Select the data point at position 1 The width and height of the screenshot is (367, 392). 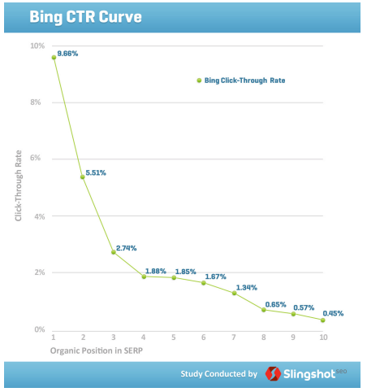tap(54, 57)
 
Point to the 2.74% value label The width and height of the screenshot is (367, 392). tap(126, 247)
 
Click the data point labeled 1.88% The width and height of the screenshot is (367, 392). tap(144, 277)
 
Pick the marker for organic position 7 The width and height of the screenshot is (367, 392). tap(234, 293)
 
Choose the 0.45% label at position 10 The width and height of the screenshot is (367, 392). tap(333, 314)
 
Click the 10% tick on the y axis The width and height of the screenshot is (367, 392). tap(37, 46)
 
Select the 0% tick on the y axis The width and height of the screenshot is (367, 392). tap(39, 329)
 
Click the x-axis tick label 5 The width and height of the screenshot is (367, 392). tap(174, 337)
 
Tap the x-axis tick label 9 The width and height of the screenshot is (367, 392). tap(294, 337)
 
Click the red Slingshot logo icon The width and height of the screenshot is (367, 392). tap(274, 374)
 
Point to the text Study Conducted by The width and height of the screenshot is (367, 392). tap(218, 374)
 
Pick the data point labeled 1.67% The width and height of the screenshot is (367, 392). tap(204, 282)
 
